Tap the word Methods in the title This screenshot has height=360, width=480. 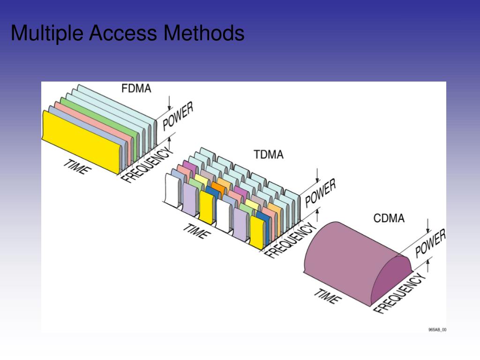tap(204, 33)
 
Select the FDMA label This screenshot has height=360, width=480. tap(136, 88)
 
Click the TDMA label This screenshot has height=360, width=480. tap(269, 154)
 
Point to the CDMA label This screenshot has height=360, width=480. tap(389, 218)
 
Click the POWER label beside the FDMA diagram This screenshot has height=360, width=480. tap(178, 117)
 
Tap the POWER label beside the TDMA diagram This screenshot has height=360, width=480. tap(320, 193)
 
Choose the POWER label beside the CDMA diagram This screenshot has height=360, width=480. tap(430, 243)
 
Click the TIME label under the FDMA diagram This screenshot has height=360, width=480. tap(75, 166)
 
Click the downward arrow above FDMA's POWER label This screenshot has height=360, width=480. tap(169, 103)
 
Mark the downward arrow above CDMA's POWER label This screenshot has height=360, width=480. tap(427, 225)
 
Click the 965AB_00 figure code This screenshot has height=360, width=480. tap(437, 330)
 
